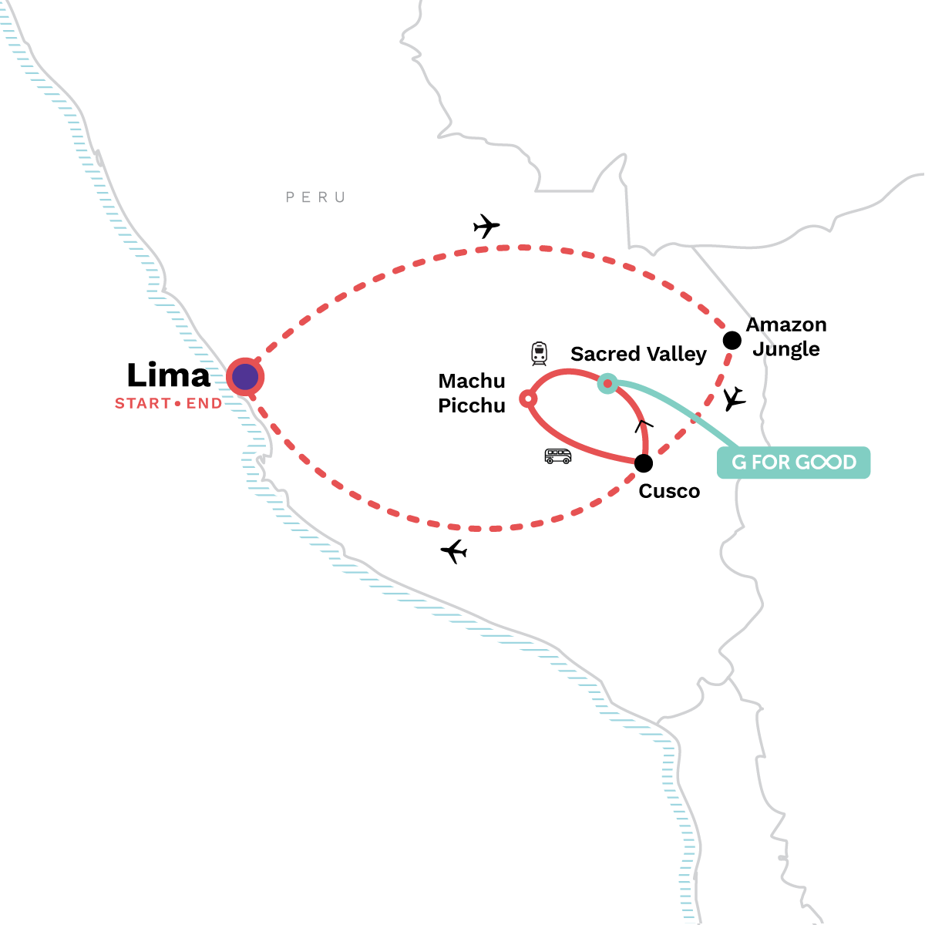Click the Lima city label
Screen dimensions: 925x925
(169, 375)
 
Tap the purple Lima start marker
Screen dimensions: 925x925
(245, 377)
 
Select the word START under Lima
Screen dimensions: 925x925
(143, 403)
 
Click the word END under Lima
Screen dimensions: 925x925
(204, 403)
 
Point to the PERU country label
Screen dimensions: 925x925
(315, 197)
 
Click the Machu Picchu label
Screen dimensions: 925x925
(472, 393)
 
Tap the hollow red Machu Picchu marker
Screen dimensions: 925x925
(528, 399)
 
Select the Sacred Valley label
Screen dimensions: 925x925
(638, 354)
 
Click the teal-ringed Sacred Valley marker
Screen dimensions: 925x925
(607, 384)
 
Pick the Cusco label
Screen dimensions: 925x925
(669, 491)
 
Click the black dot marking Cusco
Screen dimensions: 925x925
(643, 463)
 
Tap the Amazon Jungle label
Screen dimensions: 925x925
(785, 337)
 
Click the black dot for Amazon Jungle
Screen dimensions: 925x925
(732, 341)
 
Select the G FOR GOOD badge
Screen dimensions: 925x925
(793, 462)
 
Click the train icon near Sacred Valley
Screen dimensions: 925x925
(539, 354)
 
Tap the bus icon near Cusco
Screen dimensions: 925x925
(558, 456)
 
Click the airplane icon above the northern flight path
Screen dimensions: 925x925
(486, 226)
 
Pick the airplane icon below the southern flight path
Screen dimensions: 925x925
(453, 551)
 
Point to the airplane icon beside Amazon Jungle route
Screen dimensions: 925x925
(735, 399)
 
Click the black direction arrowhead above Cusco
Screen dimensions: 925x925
(643, 425)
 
